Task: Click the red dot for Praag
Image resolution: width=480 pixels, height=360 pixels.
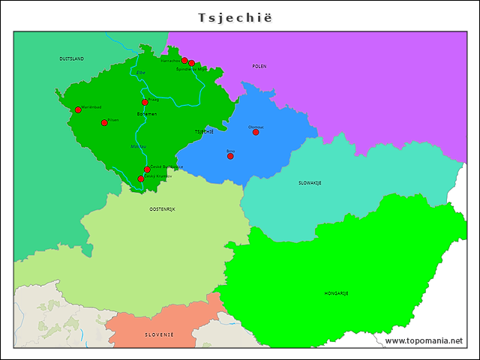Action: pyautogui.click(x=145, y=102)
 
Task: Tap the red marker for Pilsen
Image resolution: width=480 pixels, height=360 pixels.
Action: pyautogui.click(x=104, y=122)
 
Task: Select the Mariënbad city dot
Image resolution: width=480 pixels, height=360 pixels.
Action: pyautogui.click(x=78, y=109)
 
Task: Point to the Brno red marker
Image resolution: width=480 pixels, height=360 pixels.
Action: pyautogui.click(x=230, y=156)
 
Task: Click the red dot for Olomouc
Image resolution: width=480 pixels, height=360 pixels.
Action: pyautogui.click(x=256, y=132)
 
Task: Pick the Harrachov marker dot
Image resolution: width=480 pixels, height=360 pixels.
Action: pyautogui.click(x=184, y=60)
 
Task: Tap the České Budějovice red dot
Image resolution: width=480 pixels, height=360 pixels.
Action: pyautogui.click(x=147, y=169)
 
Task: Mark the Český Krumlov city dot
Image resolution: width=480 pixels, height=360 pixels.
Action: pyautogui.click(x=140, y=178)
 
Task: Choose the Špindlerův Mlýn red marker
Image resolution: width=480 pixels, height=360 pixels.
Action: pyautogui.click(x=192, y=63)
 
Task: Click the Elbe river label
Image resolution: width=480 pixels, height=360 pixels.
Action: pyautogui.click(x=141, y=73)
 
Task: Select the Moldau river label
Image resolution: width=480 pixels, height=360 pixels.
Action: pyautogui.click(x=139, y=146)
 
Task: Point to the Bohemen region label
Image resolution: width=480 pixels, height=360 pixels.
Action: pyautogui.click(x=147, y=114)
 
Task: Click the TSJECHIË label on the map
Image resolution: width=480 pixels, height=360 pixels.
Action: pyautogui.click(x=204, y=131)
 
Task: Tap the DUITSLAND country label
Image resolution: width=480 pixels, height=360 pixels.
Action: pyautogui.click(x=71, y=58)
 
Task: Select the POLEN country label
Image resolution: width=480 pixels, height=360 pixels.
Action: pyautogui.click(x=259, y=67)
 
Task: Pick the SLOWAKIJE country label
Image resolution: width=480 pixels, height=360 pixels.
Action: pyautogui.click(x=310, y=182)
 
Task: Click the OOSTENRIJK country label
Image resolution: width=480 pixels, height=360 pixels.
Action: pyautogui.click(x=162, y=208)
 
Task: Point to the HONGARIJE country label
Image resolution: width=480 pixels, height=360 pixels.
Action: pyautogui.click(x=336, y=293)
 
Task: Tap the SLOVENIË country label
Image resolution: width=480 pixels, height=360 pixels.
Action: pyautogui.click(x=159, y=334)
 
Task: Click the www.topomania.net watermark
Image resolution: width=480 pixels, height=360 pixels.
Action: pyautogui.click(x=424, y=341)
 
